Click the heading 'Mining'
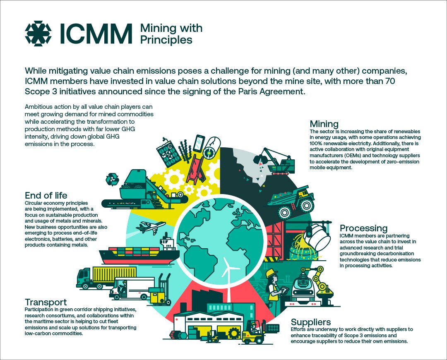(324, 124)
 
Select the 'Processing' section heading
(363, 228)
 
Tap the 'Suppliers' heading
(311, 322)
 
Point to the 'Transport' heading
(46, 302)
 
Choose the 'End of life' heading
(46, 195)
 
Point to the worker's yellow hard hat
(271, 273)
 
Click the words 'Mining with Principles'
(171, 34)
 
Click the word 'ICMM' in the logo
(96, 34)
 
